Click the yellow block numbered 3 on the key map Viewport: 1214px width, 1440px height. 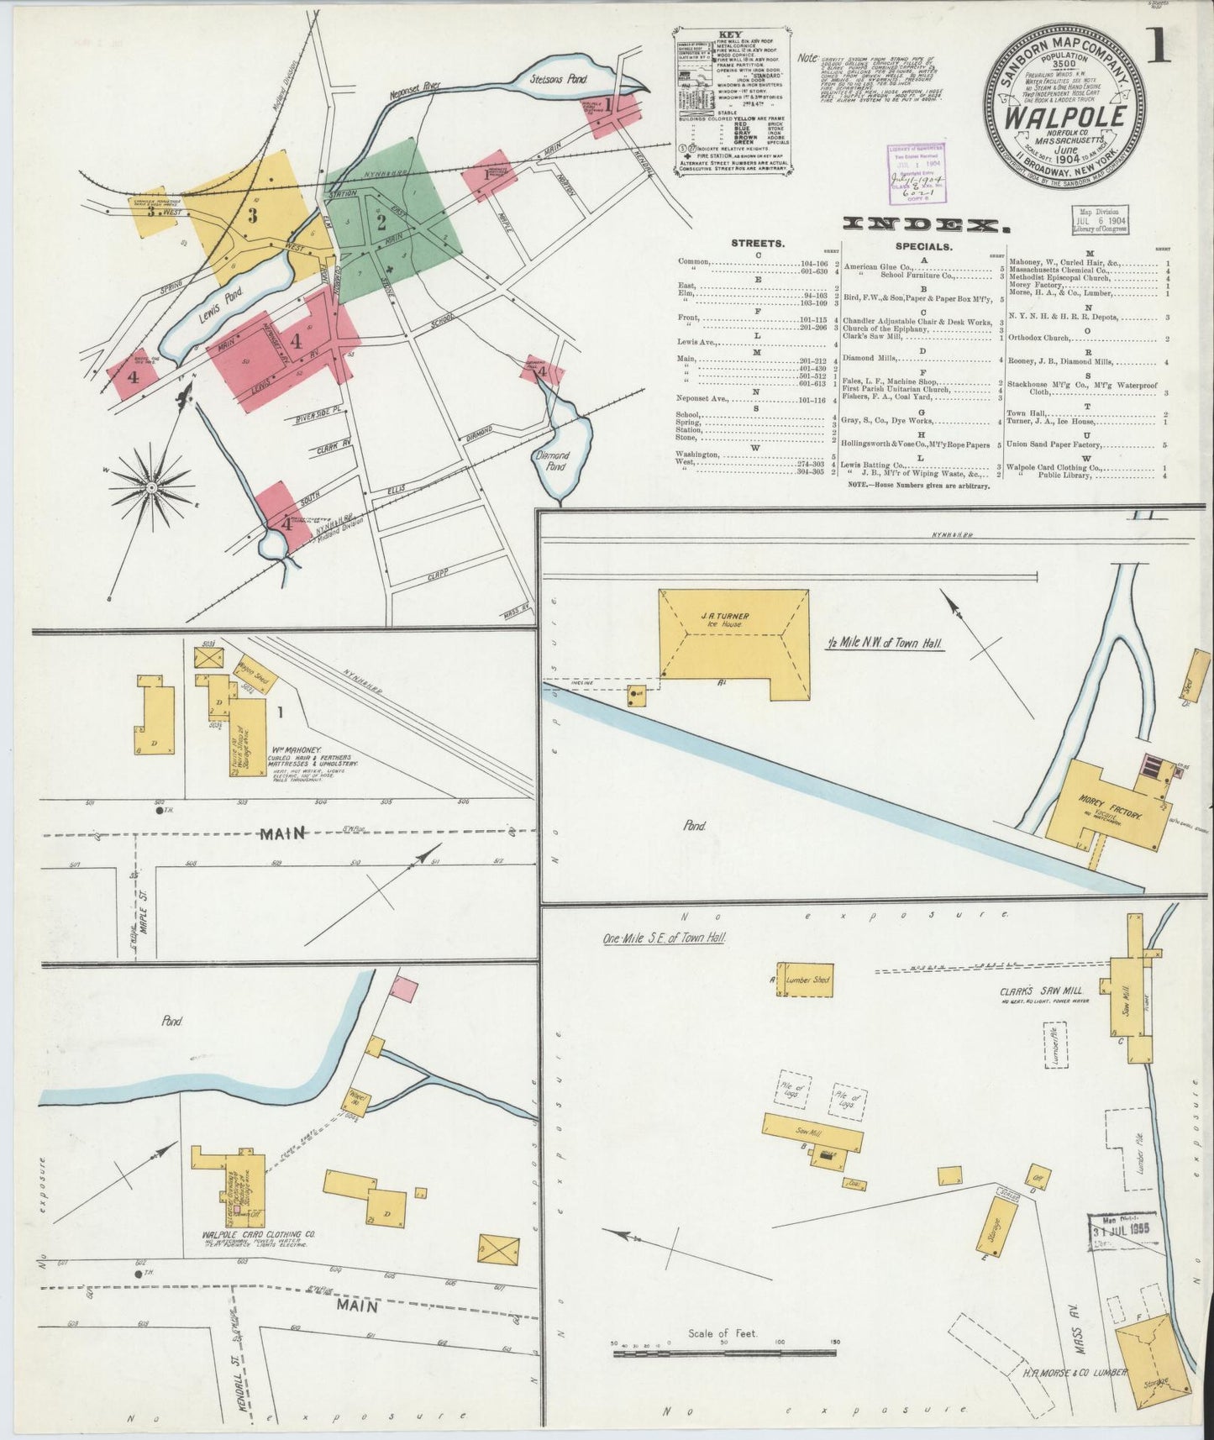tap(252, 214)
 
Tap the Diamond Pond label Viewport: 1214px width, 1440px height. tap(552, 460)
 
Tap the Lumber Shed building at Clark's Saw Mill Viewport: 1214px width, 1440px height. tap(806, 980)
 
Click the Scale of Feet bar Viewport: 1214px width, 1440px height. tap(723, 1376)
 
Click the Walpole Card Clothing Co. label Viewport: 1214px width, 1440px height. tap(258, 1234)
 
